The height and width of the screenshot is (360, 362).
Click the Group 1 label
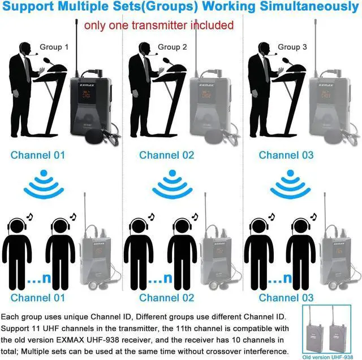(54, 47)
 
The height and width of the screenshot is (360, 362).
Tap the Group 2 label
(172, 47)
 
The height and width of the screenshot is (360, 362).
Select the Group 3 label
(292, 47)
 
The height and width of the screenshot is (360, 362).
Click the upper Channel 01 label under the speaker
(38, 155)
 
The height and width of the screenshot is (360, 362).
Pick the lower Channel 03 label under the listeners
(286, 298)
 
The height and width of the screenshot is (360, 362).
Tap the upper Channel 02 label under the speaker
(166, 155)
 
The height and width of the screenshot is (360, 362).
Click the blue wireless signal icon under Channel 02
(173, 184)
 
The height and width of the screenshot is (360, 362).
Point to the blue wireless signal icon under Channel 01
(44, 184)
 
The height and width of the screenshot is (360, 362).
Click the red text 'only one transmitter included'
(159, 25)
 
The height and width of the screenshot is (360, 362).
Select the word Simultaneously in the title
(309, 6)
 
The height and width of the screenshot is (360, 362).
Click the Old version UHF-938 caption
(327, 357)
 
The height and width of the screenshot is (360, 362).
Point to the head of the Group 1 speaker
(24, 48)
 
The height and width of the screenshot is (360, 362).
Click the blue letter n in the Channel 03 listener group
(287, 278)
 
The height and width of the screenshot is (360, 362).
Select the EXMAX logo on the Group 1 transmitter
(87, 85)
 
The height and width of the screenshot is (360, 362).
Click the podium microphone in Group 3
(288, 62)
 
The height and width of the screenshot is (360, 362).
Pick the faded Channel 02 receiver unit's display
(219, 250)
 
